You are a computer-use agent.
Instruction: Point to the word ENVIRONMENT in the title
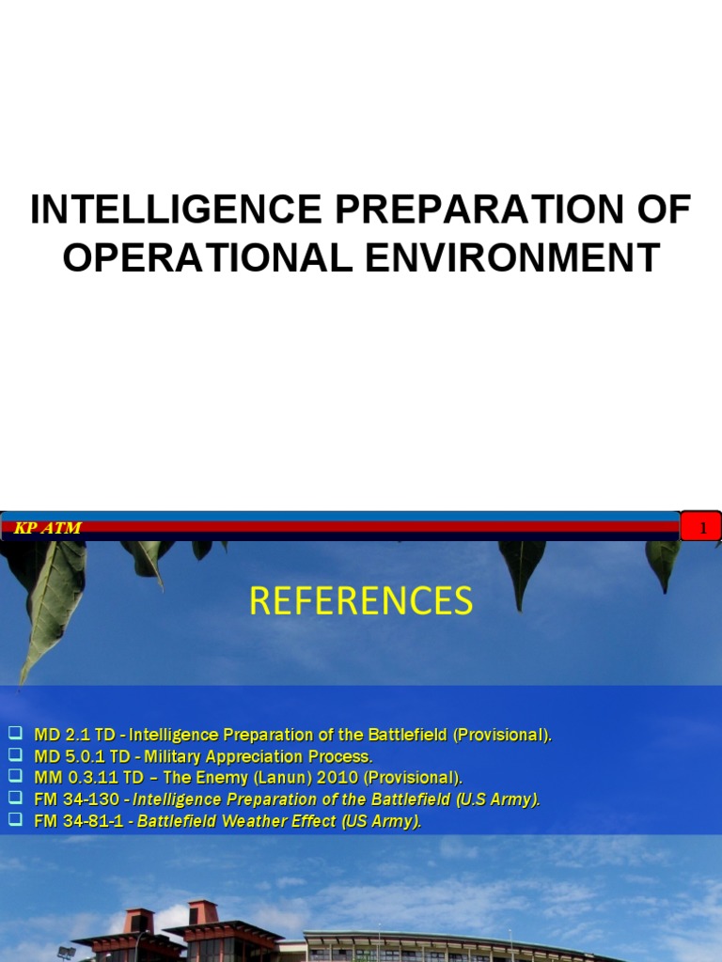click(x=512, y=257)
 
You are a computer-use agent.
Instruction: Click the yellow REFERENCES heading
click(x=361, y=600)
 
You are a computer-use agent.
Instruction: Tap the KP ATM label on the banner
click(x=47, y=528)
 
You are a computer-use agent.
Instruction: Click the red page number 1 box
click(x=700, y=528)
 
